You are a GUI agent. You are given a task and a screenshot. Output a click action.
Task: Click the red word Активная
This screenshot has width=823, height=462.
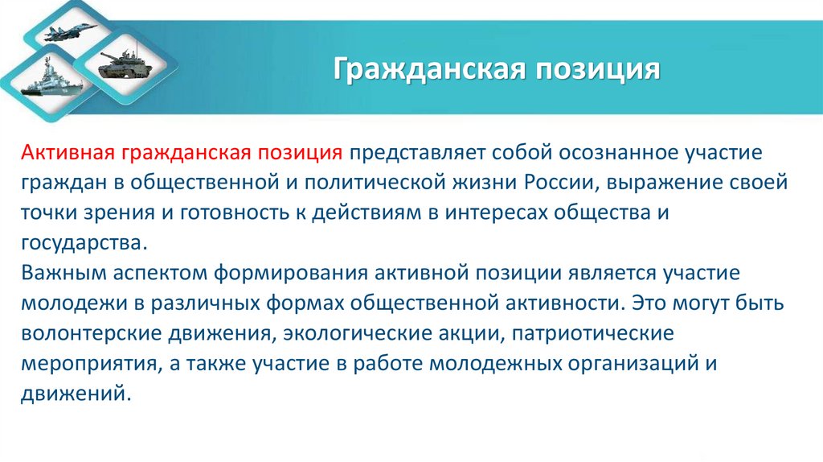coord(71,152)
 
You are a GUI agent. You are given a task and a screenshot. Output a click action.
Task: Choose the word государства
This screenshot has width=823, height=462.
coord(85,241)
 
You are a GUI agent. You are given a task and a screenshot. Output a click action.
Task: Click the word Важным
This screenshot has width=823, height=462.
coord(63,274)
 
